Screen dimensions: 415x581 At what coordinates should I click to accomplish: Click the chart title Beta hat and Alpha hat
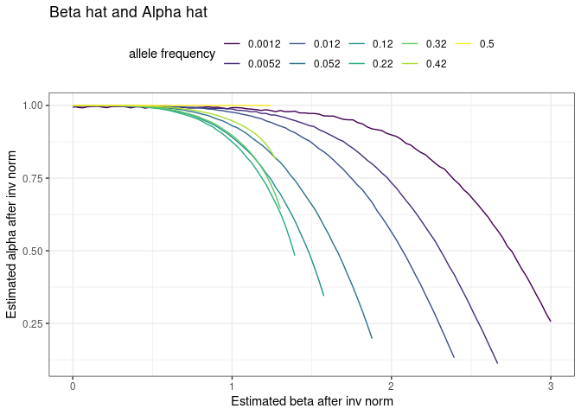pos(127,13)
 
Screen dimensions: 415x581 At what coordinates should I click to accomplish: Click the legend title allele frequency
pos(172,54)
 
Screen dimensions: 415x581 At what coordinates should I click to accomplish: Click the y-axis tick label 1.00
pos(33,105)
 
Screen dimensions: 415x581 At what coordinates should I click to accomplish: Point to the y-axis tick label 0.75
pos(33,178)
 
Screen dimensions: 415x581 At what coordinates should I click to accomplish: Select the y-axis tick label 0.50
pos(33,251)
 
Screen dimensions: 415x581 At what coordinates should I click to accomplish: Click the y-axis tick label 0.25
pos(33,323)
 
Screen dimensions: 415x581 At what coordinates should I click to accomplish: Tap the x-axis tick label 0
pos(73,386)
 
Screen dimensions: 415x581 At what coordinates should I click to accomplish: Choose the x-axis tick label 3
pos(551,386)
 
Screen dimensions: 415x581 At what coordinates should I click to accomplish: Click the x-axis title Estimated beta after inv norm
pos(311,401)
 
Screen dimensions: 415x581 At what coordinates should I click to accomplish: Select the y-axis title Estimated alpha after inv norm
pos(12,233)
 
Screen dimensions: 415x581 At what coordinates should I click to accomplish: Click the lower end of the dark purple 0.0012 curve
pos(551,321)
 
